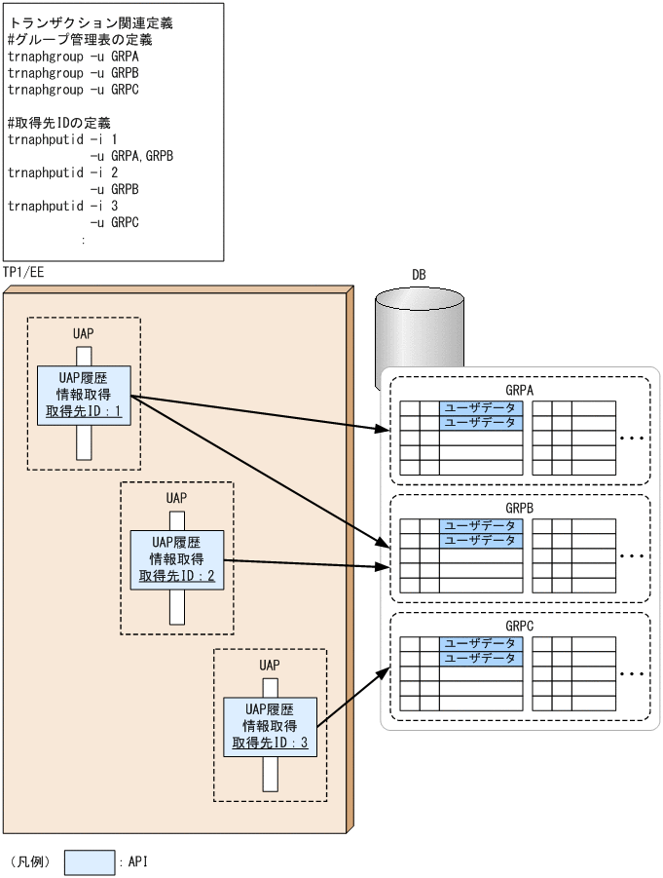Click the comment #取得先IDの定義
click(x=59, y=123)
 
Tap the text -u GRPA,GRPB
click(x=131, y=156)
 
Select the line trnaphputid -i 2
click(x=63, y=172)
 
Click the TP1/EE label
click(x=23, y=272)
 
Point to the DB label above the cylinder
click(x=418, y=275)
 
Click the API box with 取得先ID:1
click(x=84, y=395)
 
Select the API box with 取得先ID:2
click(x=176, y=558)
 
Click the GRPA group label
click(x=520, y=390)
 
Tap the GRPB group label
click(x=520, y=508)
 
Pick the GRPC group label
click(x=520, y=626)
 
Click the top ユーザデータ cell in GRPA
click(x=481, y=408)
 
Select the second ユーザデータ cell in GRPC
click(x=481, y=659)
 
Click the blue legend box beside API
click(x=90, y=862)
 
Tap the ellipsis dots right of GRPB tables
click(x=632, y=556)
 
